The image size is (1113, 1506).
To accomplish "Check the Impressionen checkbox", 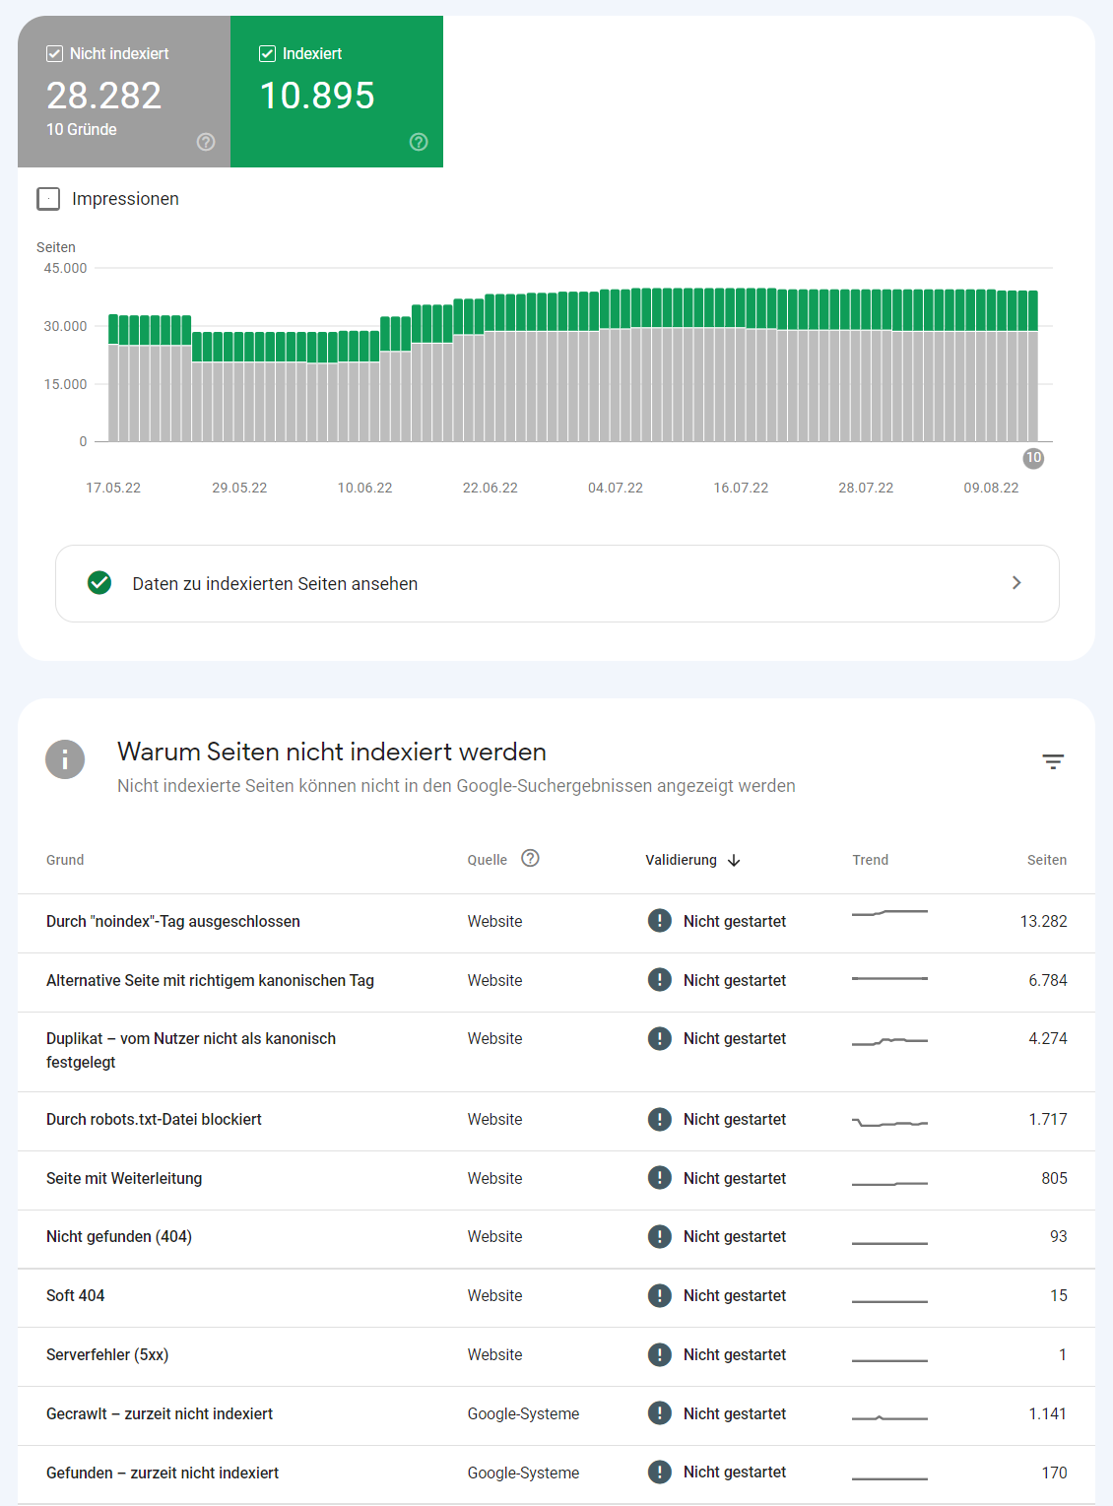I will tap(48, 199).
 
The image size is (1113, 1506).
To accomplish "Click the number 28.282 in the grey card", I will tap(103, 96).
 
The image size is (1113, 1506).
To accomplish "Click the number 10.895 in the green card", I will tap(316, 96).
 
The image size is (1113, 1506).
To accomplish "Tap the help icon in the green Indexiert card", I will tap(419, 142).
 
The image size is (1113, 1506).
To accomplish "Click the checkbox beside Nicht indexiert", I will tap(55, 54).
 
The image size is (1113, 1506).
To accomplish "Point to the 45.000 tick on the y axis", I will tap(65, 268).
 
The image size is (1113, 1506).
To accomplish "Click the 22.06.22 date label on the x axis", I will tap(490, 488).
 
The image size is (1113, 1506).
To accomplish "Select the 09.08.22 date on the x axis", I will tap(991, 488).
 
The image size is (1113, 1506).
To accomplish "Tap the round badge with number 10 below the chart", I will tap(1033, 458).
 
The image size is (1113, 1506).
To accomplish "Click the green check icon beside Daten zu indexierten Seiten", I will tap(99, 583).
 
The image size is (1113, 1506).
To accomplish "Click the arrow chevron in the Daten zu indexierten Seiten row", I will tap(1016, 583).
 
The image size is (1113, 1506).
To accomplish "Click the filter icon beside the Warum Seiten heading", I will tap(1053, 761).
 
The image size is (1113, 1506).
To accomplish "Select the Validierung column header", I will tap(682, 860).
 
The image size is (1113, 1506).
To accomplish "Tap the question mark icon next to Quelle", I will tap(530, 858).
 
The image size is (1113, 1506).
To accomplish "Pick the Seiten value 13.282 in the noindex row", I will tap(1043, 921).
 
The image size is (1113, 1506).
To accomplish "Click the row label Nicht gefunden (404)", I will tap(119, 1236).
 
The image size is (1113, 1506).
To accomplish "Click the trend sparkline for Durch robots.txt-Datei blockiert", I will tap(889, 1122).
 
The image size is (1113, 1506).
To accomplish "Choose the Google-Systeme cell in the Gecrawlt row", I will tap(523, 1413).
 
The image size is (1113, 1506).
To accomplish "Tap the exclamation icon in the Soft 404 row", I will tap(660, 1295).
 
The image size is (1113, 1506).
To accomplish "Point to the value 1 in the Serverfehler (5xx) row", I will tap(1062, 1354).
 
